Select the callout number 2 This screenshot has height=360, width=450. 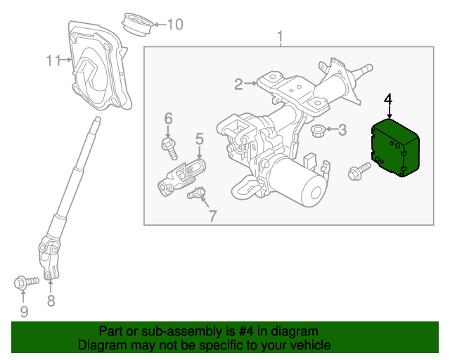click(239, 85)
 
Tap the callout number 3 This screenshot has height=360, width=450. click(342, 129)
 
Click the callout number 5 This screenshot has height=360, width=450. click(199, 138)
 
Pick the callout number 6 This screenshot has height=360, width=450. click(168, 117)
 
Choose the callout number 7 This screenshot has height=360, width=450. click(212, 215)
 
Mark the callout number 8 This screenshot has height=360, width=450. click(51, 302)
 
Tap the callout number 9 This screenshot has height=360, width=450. click(23, 311)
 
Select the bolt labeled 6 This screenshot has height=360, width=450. click(169, 146)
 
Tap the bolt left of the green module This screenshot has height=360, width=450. click(359, 170)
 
